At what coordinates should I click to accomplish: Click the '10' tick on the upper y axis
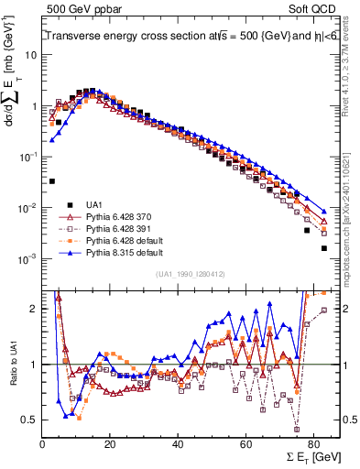tap(30, 54)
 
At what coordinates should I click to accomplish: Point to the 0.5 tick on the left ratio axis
tap(30, 420)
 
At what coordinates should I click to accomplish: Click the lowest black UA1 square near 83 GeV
tap(323, 248)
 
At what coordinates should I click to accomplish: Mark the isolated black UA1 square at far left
tap(52, 181)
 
